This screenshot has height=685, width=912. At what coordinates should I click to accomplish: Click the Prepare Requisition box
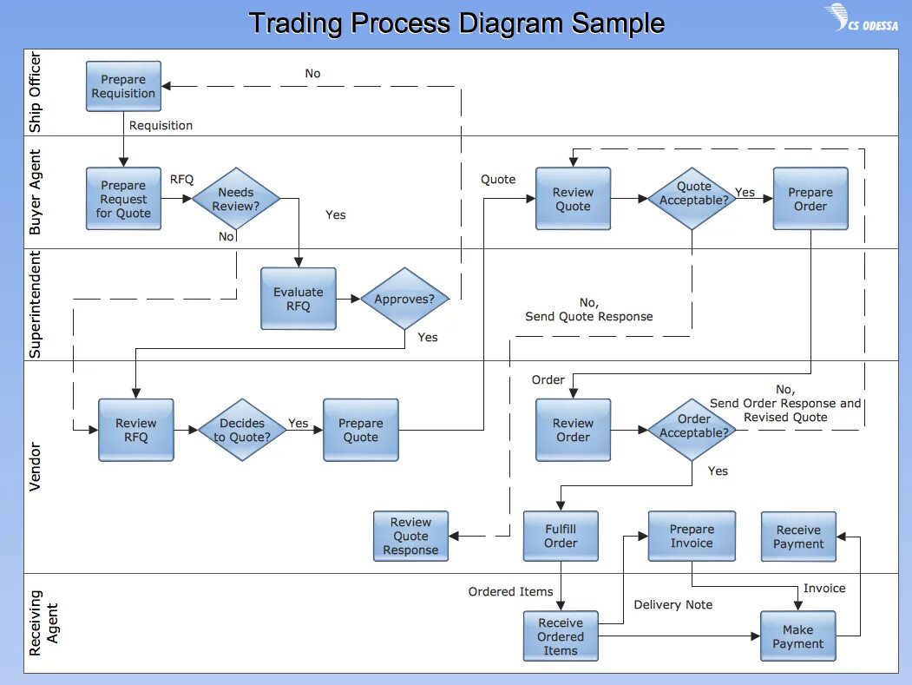[x=123, y=86]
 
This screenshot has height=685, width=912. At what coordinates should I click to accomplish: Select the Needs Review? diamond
[x=236, y=200]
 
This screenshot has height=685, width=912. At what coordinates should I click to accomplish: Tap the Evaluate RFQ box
[x=298, y=299]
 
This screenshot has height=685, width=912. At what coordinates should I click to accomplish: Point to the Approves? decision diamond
[x=404, y=300]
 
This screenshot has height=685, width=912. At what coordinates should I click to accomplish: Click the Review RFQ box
[x=135, y=430]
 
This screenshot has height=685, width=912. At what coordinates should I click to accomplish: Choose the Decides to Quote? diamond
[x=242, y=430]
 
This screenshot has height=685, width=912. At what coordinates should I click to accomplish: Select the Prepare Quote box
[x=360, y=430]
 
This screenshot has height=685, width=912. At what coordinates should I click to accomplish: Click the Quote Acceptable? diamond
[x=692, y=199]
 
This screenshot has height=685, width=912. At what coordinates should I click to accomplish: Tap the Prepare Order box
[x=810, y=199]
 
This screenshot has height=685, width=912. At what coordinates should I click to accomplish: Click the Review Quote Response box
[x=410, y=536]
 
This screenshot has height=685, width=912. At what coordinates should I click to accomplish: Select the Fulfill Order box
[x=560, y=536]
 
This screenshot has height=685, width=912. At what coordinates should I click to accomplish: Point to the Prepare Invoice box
[x=692, y=536]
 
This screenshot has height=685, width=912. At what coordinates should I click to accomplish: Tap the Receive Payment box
[x=798, y=537]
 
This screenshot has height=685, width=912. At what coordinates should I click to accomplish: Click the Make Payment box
[x=797, y=636]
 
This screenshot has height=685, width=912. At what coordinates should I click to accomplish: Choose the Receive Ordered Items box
[x=560, y=636]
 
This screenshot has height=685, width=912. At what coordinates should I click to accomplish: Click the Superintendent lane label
[x=36, y=305]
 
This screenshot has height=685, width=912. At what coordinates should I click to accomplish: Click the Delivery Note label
[x=673, y=604]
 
